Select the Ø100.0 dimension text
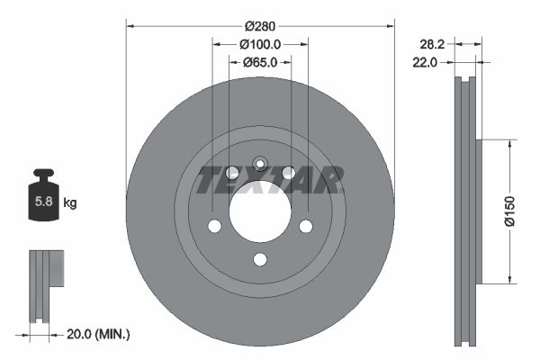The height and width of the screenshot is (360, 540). click(261, 43)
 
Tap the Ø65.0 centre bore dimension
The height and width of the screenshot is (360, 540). click(260, 63)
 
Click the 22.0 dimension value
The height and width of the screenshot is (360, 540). click(425, 62)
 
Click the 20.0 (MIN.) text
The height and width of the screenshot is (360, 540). click(100, 334)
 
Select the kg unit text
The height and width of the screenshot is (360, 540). click(70, 203)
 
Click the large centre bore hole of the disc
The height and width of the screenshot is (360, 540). click(260, 209)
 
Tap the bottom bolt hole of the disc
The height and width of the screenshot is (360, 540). click(260, 260)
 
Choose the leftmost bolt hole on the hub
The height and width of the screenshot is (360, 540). click(214, 226)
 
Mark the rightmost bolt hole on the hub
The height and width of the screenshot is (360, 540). click(306, 226)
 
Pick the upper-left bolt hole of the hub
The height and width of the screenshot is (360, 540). click(232, 172)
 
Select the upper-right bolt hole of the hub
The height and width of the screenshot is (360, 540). click(288, 172)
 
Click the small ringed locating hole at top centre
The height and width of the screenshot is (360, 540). click(259, 164)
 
